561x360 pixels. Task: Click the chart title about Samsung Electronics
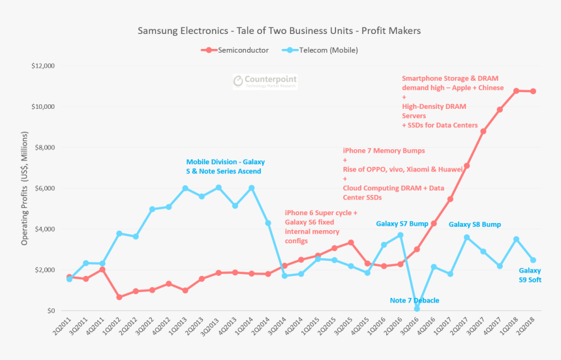tap(279, 31)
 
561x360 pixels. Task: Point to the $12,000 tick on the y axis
tap(42, 66)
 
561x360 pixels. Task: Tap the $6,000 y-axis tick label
tap(44, 188)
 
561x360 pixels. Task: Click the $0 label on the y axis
tap(50, 310)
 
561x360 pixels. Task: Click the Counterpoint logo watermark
tap(266, 81)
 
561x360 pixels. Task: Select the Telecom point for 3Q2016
tap(417, 308)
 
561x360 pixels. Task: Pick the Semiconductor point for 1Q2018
tap(516, 91)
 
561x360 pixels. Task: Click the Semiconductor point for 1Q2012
tap(119, 297)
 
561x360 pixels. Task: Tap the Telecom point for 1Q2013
tap(185, 188)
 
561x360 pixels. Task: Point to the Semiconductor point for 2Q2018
tap(533, 91)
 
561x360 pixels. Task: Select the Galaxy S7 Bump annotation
tap(402, 224)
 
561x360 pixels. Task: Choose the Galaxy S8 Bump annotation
tap(474, 224)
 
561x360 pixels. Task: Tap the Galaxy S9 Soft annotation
tap(530, 275)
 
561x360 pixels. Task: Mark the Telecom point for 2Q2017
tap(466, 237)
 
